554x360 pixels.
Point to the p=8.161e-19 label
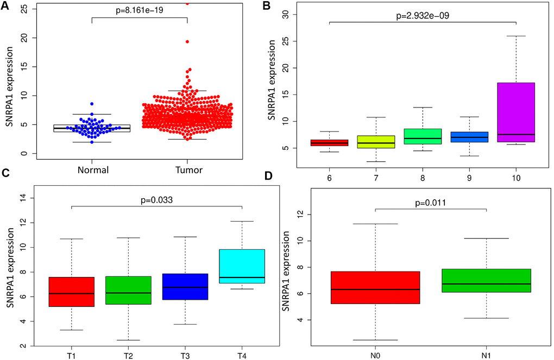(x=139, y=10)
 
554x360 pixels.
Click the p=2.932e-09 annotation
(x=423, y=16)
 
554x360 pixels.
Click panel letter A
(x=8, y=7)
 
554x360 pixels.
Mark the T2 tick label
(x=128, y=356)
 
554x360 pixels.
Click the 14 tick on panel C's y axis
(x=23, y=198)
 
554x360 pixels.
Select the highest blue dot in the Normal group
(x=92, y=103)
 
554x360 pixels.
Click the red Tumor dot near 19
(x=186, y=41)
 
